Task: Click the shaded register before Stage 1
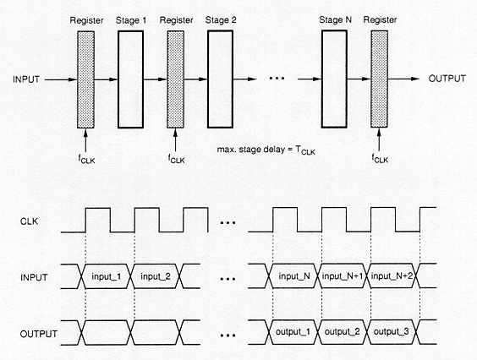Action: pos(85,79)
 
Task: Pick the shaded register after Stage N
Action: pos(379,79)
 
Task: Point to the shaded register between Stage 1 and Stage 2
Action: pos(176,79)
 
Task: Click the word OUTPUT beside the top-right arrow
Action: pos(447,79)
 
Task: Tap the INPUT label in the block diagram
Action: pos(26,79)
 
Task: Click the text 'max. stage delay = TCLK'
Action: pos(266,150)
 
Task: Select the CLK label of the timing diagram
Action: pos(30,221)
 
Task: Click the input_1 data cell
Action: pos(107,276)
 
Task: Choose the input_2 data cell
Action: pos(155,276)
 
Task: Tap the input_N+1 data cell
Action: pos(343,275)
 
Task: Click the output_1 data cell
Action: pos(293,332)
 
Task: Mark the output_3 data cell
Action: pos(392,332)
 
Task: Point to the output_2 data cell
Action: pos(343,332)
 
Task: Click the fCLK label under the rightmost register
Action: pos(380,159)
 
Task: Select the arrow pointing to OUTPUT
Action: pos(403,79)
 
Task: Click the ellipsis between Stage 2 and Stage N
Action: pos(277,79)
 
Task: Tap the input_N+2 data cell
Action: pos(392,275)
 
